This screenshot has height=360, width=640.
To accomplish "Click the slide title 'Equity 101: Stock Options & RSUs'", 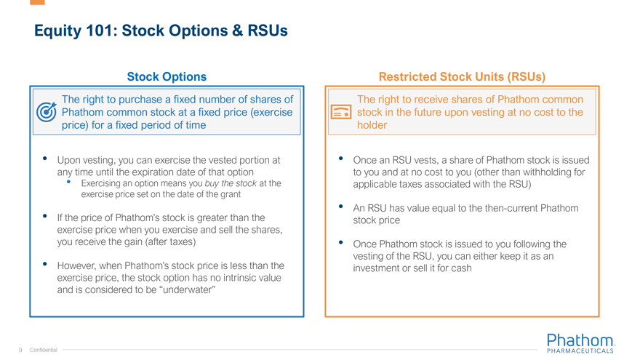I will tap(161, 31).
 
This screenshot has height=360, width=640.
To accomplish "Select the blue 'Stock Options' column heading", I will tap(167, 76).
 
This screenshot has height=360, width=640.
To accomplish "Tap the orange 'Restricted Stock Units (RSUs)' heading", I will tap(462, 76).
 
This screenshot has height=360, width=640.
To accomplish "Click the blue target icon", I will tap(46, 112).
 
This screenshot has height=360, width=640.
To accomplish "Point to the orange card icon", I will tap(341, 112).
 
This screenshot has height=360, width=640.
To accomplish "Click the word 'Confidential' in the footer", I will tap(44, 351).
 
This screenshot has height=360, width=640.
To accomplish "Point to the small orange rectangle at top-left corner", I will tap(37, 2).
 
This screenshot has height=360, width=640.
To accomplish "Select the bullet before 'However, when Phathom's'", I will tap(45, 264).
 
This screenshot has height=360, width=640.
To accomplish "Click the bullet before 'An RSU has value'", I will tap(341, 207).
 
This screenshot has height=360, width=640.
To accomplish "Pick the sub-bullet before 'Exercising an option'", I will tap(68, 183).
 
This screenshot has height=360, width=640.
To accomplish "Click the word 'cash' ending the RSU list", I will tap(458, 268).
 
